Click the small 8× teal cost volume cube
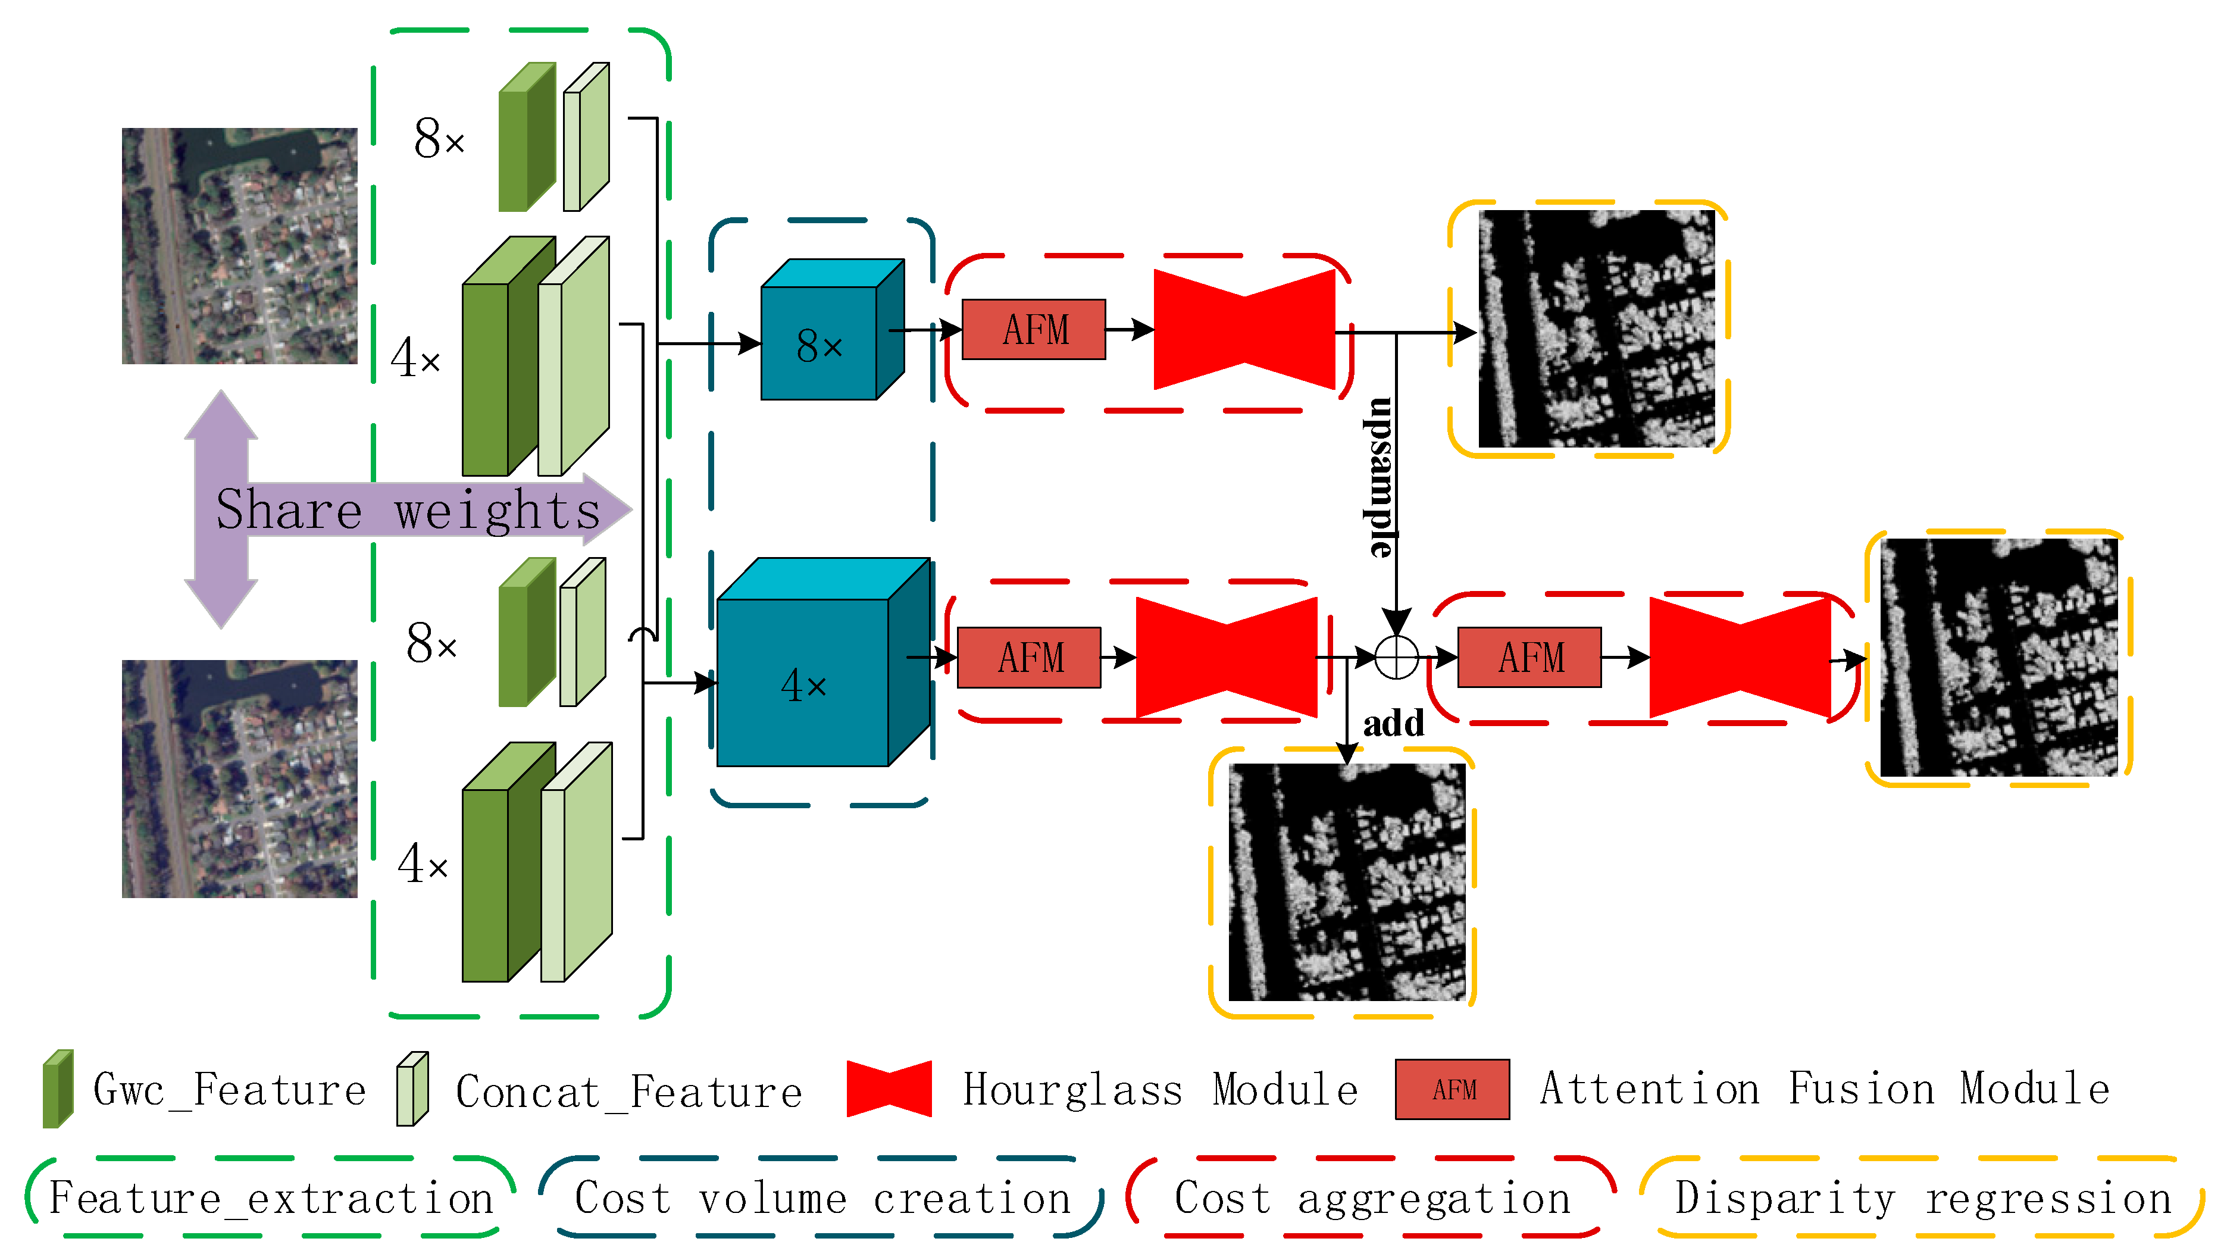pos(820,341)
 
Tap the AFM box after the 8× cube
pos(1033,329)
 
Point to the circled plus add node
pos(1396,658)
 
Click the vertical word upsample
pos(1380,477)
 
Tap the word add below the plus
pos(1393,723)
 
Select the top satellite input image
pos(239,246)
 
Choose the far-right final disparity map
pos(1998,657)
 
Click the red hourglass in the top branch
pos(1244,329)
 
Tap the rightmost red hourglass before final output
pos(1740,657)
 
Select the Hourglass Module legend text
pos(1159,1089)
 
